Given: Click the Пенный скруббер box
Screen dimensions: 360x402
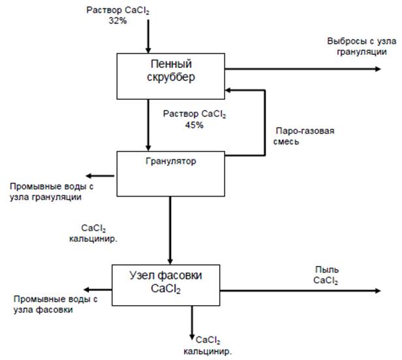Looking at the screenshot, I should [171, 74].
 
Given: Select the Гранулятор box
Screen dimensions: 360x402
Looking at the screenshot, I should [170, 173].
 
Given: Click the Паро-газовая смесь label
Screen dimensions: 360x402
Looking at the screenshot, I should [302, 136].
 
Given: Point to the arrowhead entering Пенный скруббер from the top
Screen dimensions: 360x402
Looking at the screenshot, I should [148, 50].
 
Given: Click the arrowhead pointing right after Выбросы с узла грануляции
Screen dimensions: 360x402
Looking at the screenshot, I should [388, 68].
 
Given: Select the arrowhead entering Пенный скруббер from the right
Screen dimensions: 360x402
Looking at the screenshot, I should [230, 91].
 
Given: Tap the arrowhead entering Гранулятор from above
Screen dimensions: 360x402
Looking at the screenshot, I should [148, 148].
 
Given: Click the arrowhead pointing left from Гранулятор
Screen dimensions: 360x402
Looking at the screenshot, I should [91, 175].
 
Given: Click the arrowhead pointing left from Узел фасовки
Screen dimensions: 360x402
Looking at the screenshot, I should [85, 288].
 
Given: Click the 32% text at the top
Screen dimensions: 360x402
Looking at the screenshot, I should [118, 21].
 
